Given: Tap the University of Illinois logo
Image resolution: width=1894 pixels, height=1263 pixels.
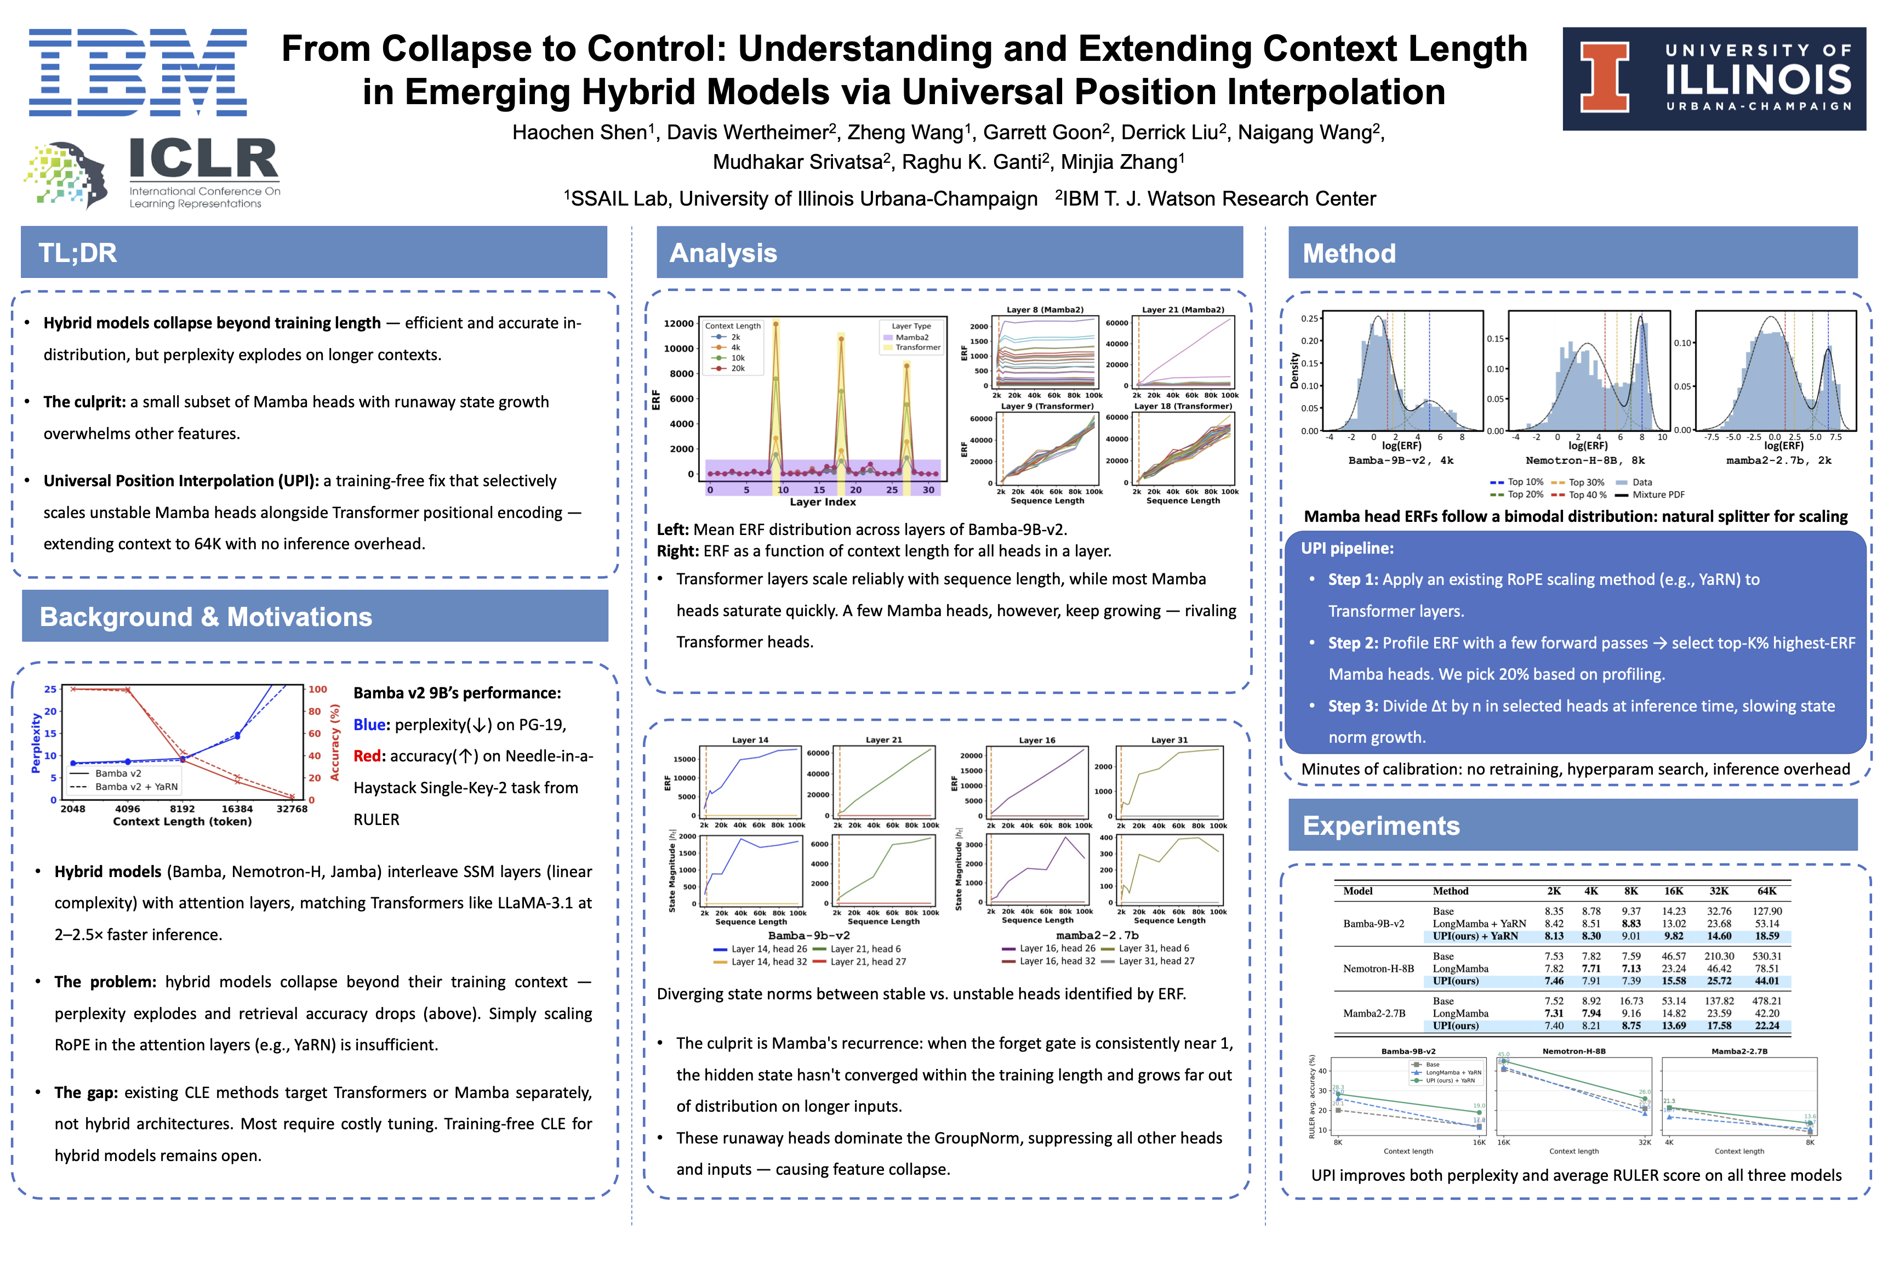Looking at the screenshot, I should (x=1714, y=79).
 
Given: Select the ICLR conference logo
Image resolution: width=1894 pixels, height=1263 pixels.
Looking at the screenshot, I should (x=153, y=173).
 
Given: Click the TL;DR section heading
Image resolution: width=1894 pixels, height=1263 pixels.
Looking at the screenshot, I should (x=78, y=253).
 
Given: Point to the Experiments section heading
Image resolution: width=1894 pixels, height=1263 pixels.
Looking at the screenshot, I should (x=1380, y=826).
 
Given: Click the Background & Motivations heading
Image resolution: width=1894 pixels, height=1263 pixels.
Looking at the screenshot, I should (x=206, y=617).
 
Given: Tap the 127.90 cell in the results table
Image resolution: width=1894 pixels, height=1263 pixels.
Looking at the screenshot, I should (x=1767, y=911).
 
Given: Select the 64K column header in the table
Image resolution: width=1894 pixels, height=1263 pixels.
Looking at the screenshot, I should (x=1767, y=891).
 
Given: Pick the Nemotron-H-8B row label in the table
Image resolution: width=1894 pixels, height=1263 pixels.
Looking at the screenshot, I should (x=1378, y=968).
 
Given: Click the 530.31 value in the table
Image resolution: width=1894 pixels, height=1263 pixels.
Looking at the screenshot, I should (x=1767, y=956).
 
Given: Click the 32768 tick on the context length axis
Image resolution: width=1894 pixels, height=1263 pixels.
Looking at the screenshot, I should (x=292, y=809).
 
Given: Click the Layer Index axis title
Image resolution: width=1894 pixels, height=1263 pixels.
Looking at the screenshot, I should (x=822, y=502).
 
